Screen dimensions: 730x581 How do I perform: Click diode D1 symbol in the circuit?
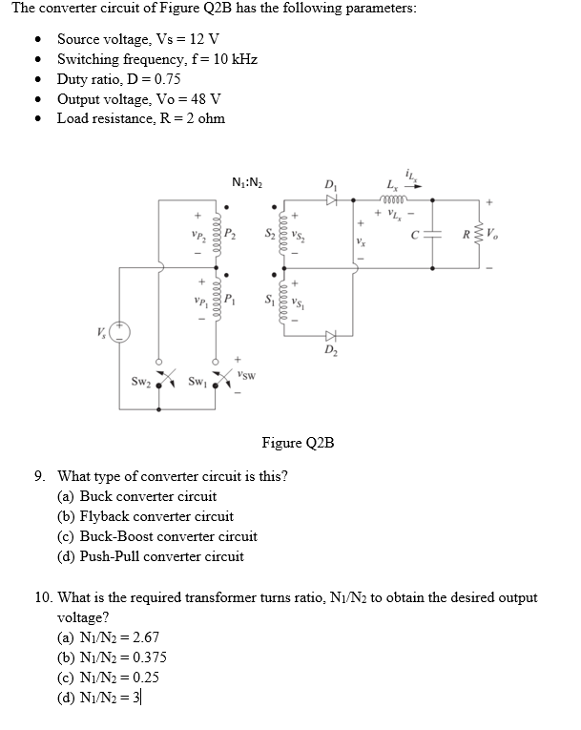(331, 201)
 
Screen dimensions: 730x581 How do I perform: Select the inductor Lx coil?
(393, 200)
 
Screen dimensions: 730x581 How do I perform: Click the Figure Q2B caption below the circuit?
(297, 443)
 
